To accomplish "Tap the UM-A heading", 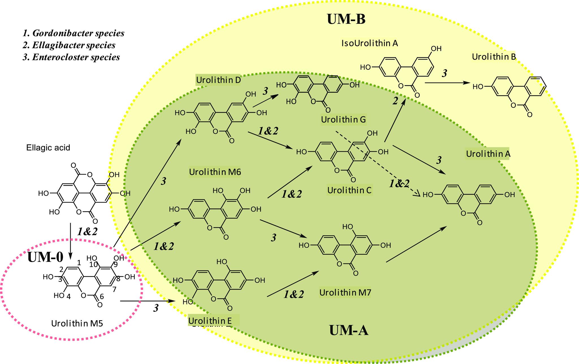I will (x=349, y=330).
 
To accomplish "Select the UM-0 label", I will (x=45, y=257).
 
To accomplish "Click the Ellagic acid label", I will (x=48, y=148).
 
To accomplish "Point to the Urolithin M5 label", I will (x=77, y=323).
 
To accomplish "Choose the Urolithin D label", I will (x=218, y=80).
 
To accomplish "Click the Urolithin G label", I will (x=343, y=120).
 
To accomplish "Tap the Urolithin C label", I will (x=349, y=190).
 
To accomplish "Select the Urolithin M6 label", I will (x=215, y=172).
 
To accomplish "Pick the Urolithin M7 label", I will (x=345, y=293).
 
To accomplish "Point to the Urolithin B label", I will (x=494, y=57).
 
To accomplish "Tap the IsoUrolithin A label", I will (x=370, y=43).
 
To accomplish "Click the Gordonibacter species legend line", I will (x=74, y=33).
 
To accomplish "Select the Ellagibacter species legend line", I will (x=69, y=45).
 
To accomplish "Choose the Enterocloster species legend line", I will (x=71, y=57).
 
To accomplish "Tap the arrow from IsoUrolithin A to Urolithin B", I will (x=448, y=83).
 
